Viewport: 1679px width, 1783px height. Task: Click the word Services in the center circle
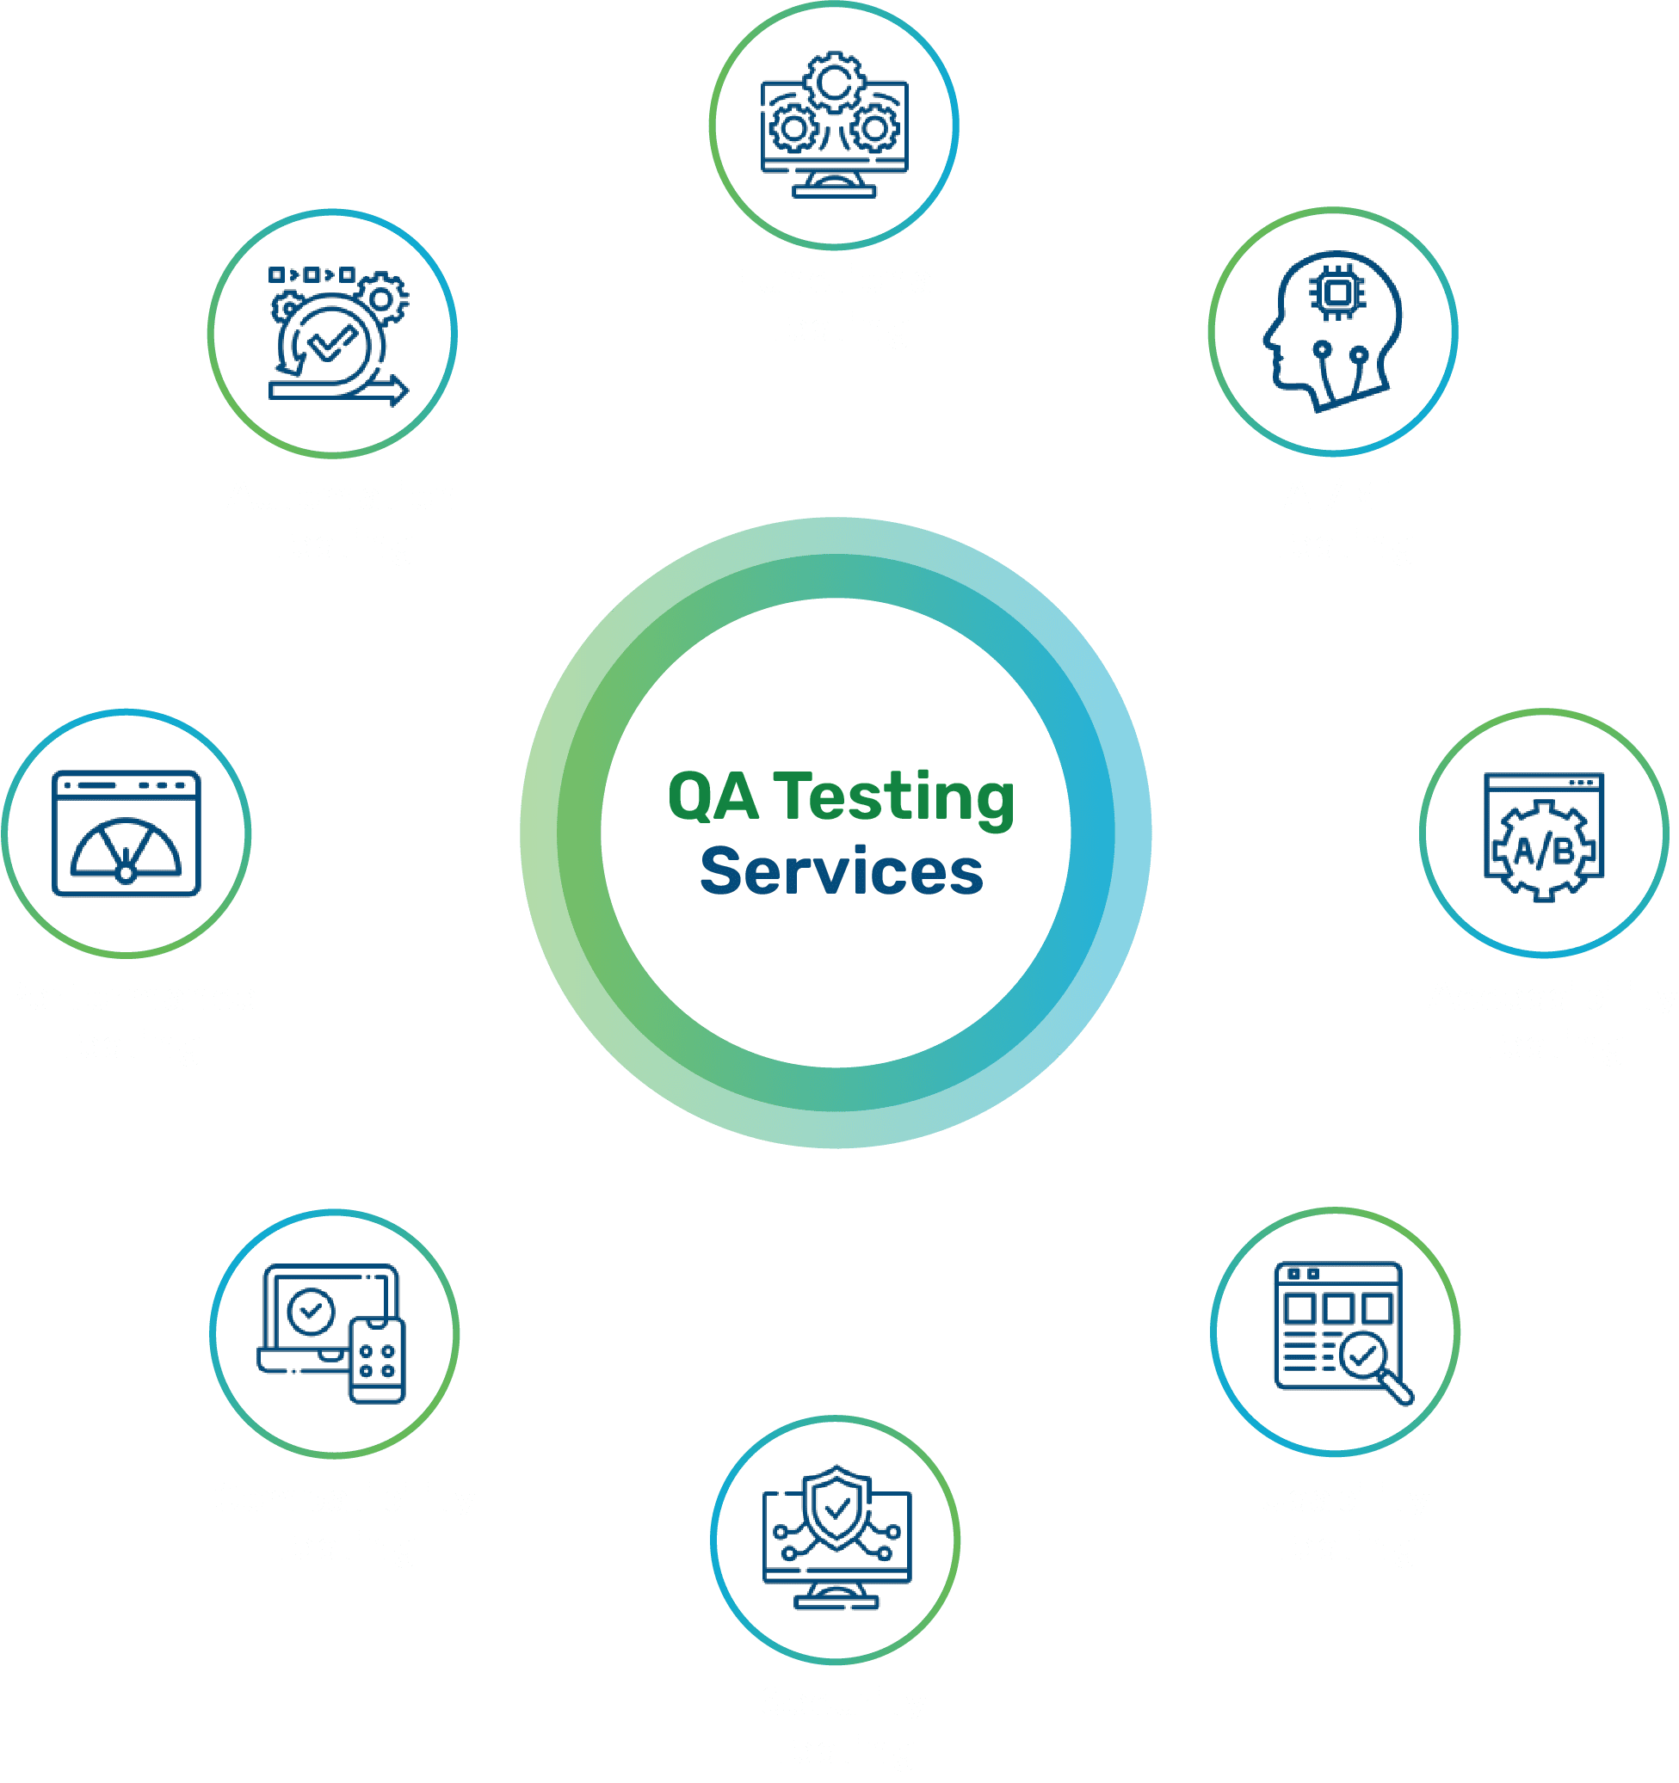(841, 872)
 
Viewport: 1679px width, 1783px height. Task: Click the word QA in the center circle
(713, 797)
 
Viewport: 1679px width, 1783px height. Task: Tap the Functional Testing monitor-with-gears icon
(834, 126)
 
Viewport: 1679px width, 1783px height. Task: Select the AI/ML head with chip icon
(1332, 331)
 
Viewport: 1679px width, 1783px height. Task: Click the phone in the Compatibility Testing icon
(377, 1358)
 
